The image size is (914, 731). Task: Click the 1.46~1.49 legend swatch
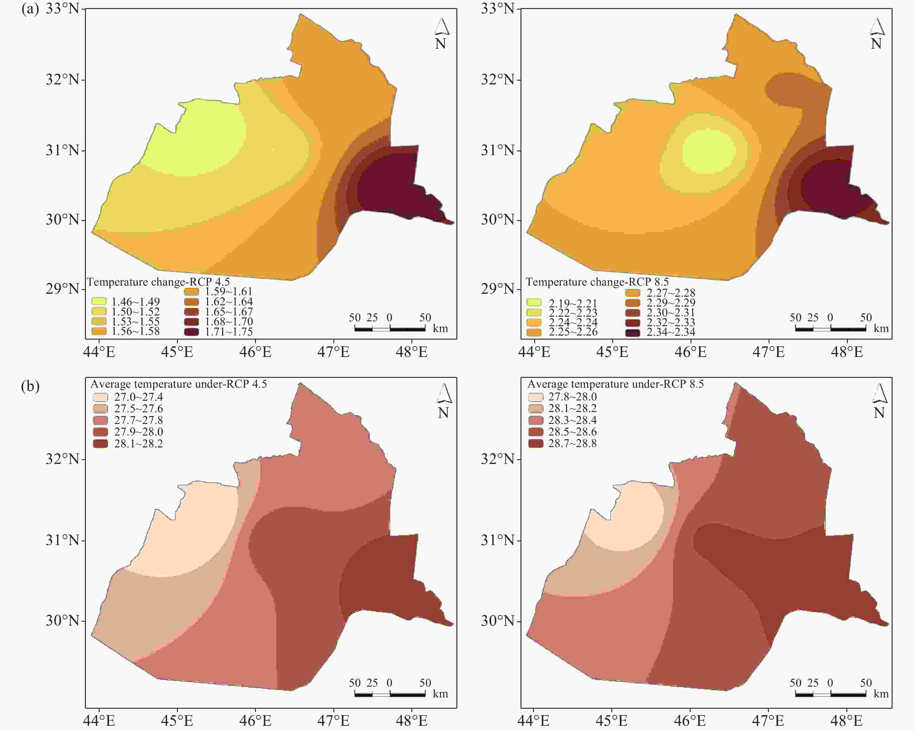[x=99, y=301]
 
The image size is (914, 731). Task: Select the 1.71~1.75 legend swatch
[x=191, y=331]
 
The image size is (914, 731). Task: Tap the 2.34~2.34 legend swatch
[x=633, y=333]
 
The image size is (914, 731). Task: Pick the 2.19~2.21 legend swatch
[x=534, y=302]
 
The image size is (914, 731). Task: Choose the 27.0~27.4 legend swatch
[x=100, y=397]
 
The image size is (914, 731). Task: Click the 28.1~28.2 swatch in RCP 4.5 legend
[x=100, y=444]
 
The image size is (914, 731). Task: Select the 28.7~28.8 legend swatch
[x=535, y=444]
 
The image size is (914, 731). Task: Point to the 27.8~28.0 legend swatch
[x=535, y=397]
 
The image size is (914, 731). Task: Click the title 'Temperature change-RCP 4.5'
[x=158, y=282]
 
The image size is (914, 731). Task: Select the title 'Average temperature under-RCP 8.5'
[x=615, y=384]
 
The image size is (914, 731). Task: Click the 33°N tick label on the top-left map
[x=63, y=8]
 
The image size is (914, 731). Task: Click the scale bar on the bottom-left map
[x=390, y=694]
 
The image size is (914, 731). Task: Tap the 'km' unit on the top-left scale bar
[x=440, y=329]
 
